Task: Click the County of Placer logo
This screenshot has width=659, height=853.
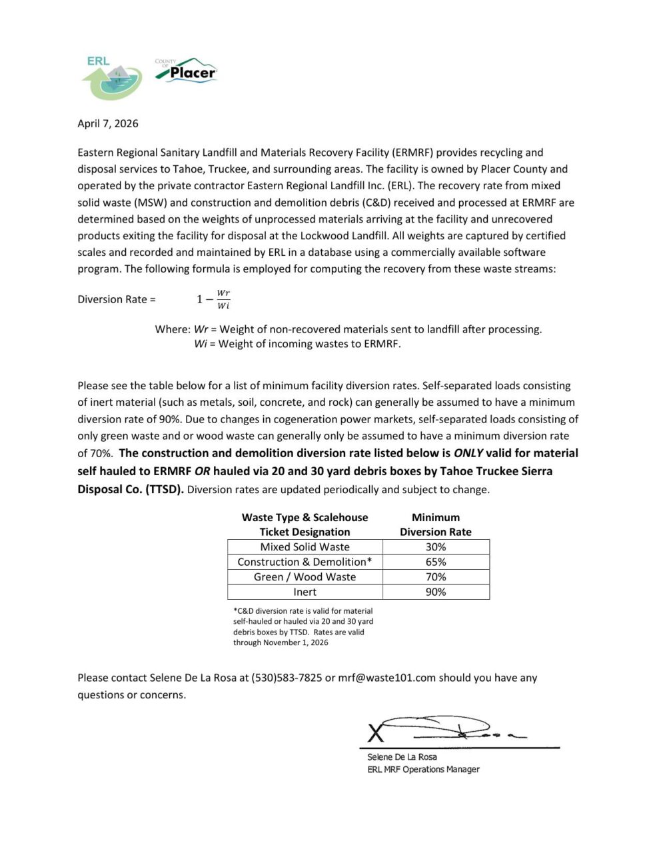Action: pos(186,70)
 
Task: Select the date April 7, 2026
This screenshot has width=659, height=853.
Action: pos(108,123)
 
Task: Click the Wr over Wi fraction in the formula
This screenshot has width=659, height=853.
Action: pos(223,299)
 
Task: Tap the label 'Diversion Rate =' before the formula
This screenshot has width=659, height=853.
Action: pos(117,299)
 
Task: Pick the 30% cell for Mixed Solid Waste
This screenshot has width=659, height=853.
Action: pos(436,547)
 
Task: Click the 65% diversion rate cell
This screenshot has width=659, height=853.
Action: pos(436,562)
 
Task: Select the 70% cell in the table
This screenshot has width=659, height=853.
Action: pos(436,577)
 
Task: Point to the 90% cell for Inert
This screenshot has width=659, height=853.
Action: pos(436,592)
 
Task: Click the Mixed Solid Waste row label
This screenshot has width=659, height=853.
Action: pos(305,547)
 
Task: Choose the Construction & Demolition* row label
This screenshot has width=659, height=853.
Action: pos(305,562)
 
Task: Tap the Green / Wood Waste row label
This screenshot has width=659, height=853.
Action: pos(305,577)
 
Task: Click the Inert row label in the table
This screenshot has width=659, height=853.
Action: pos(305,592)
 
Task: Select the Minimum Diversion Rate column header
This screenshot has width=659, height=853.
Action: pos(435,524)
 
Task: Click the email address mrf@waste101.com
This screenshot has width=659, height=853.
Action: pos(386,678)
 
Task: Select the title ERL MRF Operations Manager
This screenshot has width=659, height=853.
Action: pos(423,770)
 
